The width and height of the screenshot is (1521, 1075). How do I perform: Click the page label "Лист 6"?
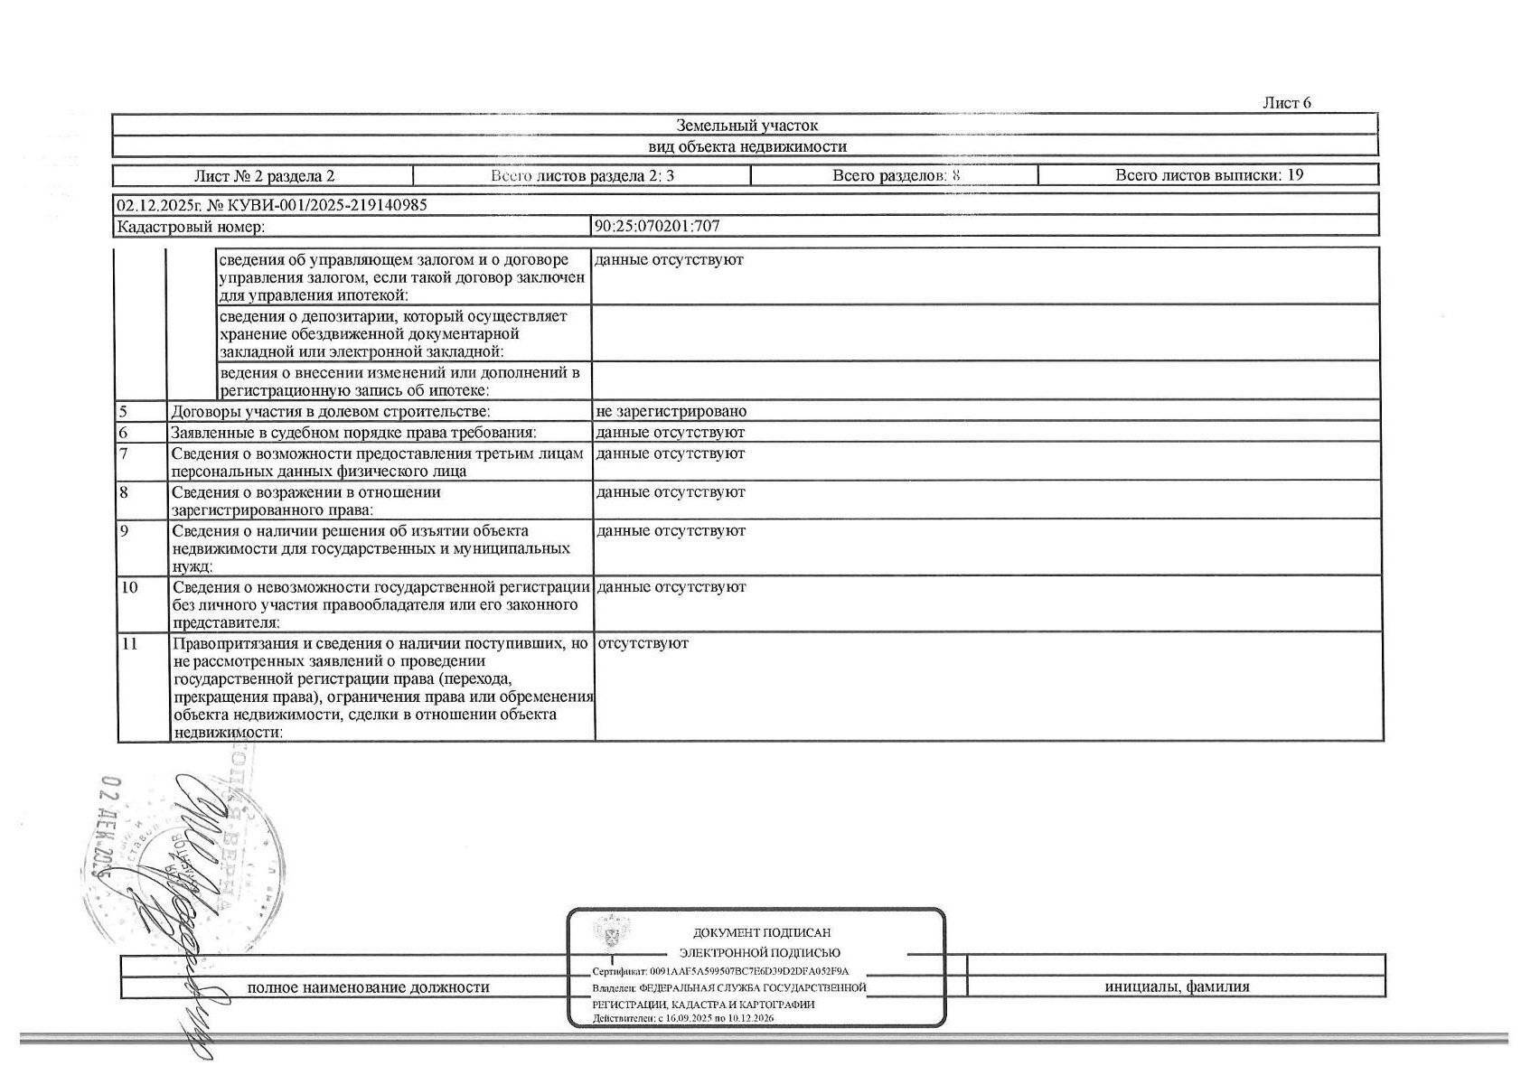pos(1286,103)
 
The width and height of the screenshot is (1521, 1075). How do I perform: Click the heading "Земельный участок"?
pos(746,126)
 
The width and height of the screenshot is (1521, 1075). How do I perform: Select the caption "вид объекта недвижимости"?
pos(746,146)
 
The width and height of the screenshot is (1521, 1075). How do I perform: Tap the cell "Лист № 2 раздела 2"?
pos(264,176)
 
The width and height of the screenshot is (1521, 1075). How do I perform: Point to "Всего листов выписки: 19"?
pos(1208,175)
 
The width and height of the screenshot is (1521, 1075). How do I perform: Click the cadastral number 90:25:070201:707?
pos(657,227)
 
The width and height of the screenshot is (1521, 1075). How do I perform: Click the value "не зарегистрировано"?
pos(671,412)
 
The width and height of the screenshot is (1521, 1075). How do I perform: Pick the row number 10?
pos(129,587)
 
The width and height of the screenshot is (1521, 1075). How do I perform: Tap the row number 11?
pos(129,644)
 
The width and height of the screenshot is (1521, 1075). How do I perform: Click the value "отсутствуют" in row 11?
pos(643,643)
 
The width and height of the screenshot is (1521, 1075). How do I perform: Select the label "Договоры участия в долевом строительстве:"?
pos(331,412)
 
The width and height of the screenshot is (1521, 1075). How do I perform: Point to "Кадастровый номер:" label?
pos(191,228)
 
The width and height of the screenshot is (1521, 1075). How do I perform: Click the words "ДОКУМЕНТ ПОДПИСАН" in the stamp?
pos(761,932)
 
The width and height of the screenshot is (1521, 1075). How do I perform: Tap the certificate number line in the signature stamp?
pos(720,971)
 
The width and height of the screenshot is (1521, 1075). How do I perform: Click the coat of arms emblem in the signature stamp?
pos(612,931)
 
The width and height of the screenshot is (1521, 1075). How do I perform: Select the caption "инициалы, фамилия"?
pos(1177,986)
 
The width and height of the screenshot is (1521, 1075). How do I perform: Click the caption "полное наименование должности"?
pos(368,987)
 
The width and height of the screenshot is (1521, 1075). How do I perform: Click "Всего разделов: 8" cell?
pos(895,175)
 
